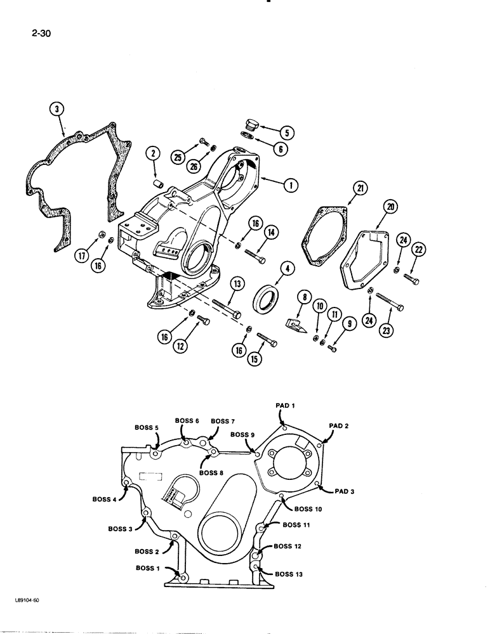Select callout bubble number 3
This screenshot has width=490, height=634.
coord(58,110)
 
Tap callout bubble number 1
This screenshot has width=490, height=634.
coord(291,186)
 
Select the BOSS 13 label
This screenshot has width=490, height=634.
coord(289,574)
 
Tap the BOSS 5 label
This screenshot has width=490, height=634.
coord(147,427)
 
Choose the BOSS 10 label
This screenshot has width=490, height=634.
coord(308,508)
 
